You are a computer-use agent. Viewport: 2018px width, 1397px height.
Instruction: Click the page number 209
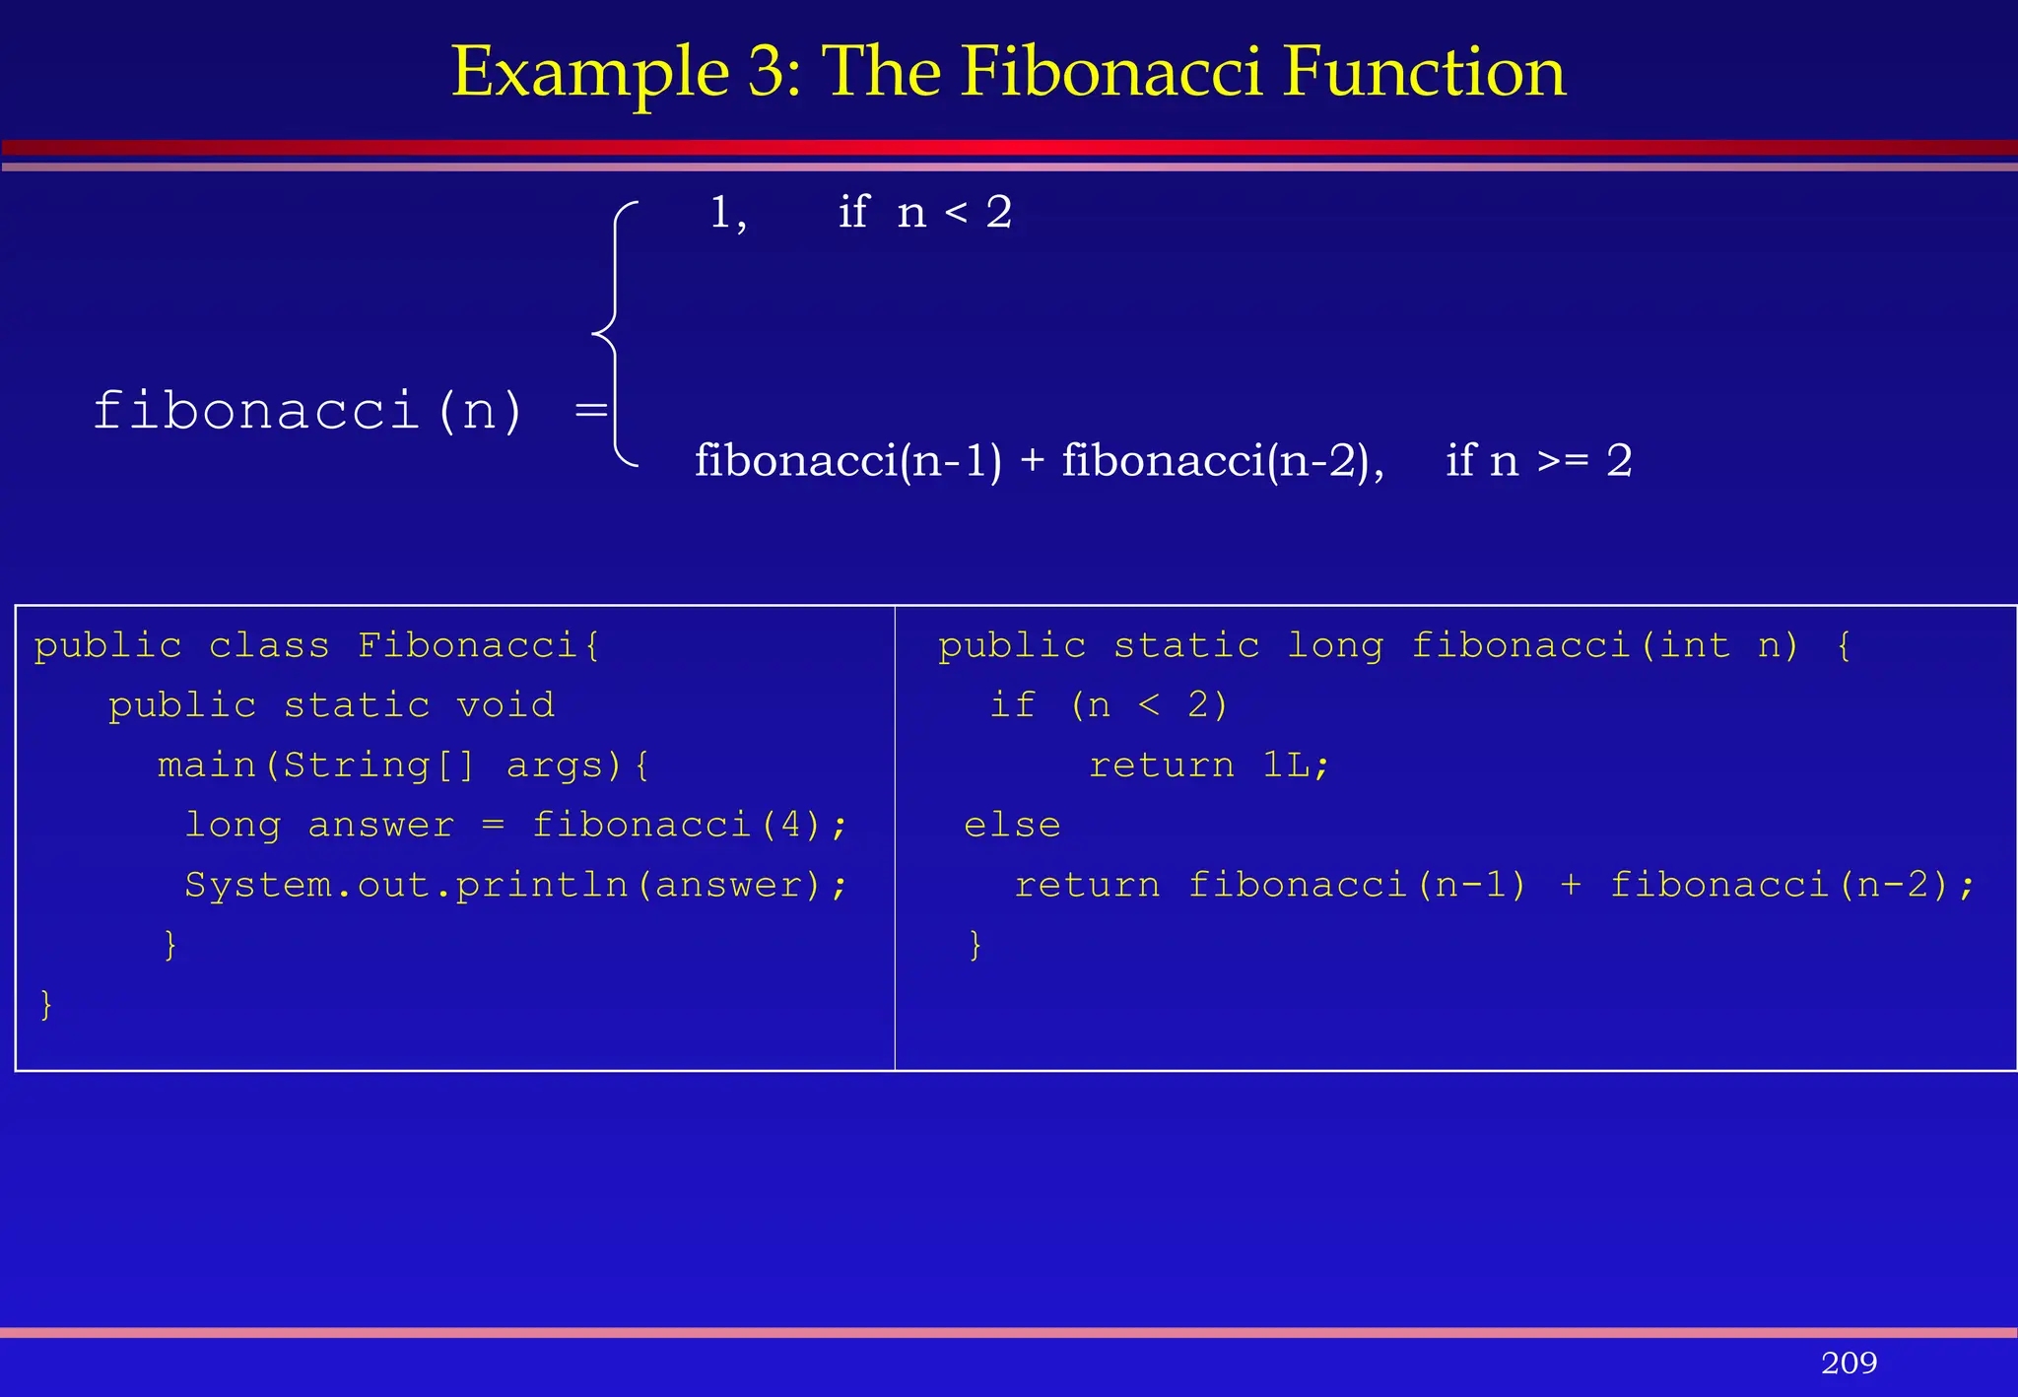[x=1849, y=1363]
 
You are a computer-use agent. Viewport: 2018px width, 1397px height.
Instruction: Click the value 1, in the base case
[x=727, y=213]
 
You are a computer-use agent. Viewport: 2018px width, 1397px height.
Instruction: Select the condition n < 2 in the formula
[x=954, y=213]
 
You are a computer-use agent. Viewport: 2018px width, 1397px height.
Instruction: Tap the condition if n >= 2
[x=1538, y=460]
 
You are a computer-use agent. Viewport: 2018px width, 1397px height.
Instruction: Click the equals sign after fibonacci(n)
[x=590, y=409]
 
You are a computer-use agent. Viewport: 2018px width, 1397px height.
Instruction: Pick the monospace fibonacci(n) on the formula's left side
[x=307, y=410]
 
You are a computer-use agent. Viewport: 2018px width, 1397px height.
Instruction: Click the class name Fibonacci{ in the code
[x=479, y=645]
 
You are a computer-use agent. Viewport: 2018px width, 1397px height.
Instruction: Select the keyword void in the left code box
[x=505, y=705]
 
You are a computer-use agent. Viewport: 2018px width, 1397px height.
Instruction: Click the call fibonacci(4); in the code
[x=689, y=825]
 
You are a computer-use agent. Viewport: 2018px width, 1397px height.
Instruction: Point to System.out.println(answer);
[x=515, y=885]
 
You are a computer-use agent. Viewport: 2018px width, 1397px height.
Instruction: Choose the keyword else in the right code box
[x=1012, y=826]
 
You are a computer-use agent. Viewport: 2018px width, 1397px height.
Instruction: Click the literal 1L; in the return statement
[x=1296, y=765]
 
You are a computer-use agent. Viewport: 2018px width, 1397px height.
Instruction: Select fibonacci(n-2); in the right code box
[x=1791, y=885]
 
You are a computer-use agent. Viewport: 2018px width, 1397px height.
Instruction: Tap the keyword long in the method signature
[x=1335, y=645]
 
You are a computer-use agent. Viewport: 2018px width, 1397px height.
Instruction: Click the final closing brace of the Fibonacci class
[x=45, y=1005]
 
